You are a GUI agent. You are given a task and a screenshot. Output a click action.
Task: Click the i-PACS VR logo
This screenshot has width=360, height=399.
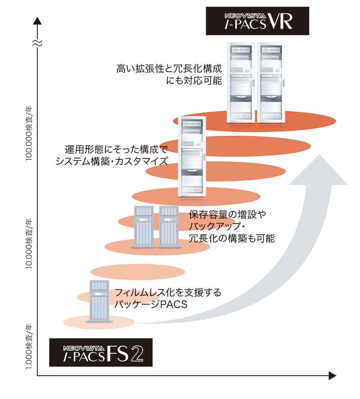[257, 21]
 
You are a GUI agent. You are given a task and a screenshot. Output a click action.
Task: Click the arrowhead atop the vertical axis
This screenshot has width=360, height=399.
[39, 20]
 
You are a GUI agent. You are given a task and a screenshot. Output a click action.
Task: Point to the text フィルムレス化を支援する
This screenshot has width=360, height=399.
[168, 293]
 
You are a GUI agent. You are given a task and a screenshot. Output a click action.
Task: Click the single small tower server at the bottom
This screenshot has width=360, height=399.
[100, 301]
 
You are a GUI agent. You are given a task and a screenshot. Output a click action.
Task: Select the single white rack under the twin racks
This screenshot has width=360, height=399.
[192, 157]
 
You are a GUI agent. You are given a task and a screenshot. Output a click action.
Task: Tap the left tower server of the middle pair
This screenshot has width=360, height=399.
[143, 227]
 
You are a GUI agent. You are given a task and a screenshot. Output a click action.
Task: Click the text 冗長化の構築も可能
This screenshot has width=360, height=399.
[232, 238]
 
